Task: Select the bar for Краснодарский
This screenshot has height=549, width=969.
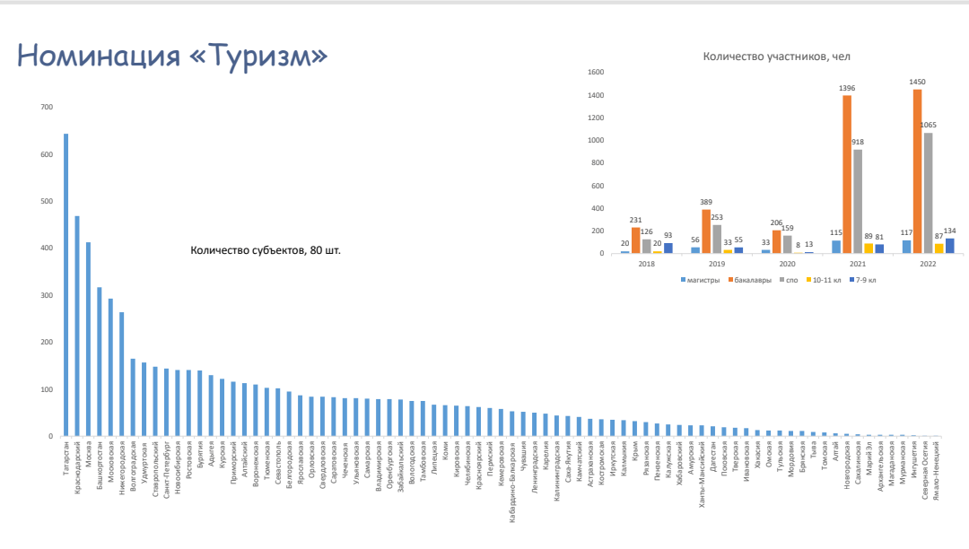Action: (x=77, y=327)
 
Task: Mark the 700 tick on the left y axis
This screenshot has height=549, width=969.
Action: (x=47, y=108)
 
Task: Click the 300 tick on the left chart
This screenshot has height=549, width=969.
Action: (x=47, y=296)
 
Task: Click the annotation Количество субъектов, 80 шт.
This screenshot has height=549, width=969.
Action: (x=266, y=250)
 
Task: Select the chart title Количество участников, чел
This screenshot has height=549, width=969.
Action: (x=777, y=57)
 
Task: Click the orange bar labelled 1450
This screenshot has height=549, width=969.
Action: (x=917, y=171)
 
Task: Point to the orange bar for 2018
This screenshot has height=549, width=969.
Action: (x=636, y=240)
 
